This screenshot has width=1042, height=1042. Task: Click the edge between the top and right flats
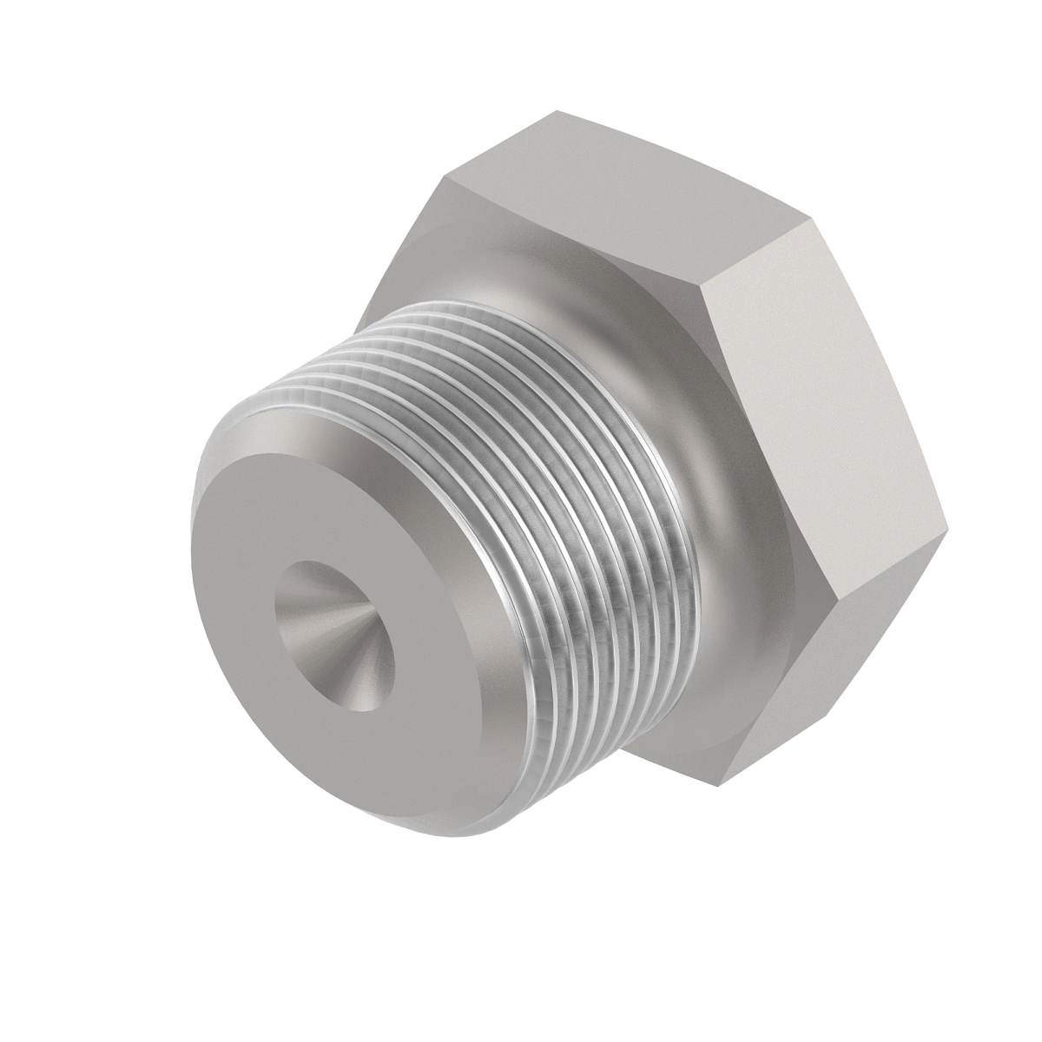point(755,247)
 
